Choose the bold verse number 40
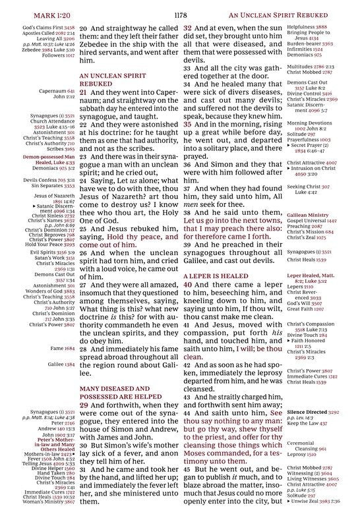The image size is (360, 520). pyautogui.click(x=188, y=284)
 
